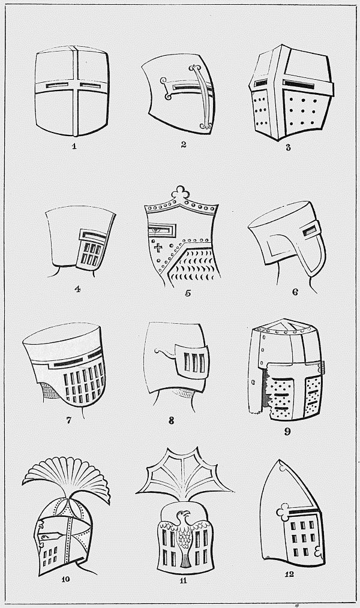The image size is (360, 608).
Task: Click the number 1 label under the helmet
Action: click(74, 146)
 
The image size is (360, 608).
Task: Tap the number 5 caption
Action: click(188, 293)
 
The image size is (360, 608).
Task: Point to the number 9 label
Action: click(287, 431)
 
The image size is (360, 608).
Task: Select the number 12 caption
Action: click(289, 574)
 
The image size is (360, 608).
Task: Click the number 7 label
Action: click(68, 420)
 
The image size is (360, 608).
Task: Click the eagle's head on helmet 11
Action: click(182, 516)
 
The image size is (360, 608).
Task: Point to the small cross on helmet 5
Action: click(158, 247)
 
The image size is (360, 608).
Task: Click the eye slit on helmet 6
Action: click(310, 231)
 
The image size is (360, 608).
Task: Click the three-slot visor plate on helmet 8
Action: click(193, 362)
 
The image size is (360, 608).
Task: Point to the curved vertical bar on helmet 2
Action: click(203, 97)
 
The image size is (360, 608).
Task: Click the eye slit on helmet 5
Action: click(161, 230)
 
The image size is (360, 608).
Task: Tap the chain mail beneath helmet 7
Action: click(49, 391)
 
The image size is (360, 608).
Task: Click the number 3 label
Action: click(288, 148)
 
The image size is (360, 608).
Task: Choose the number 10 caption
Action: click(65, 579)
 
